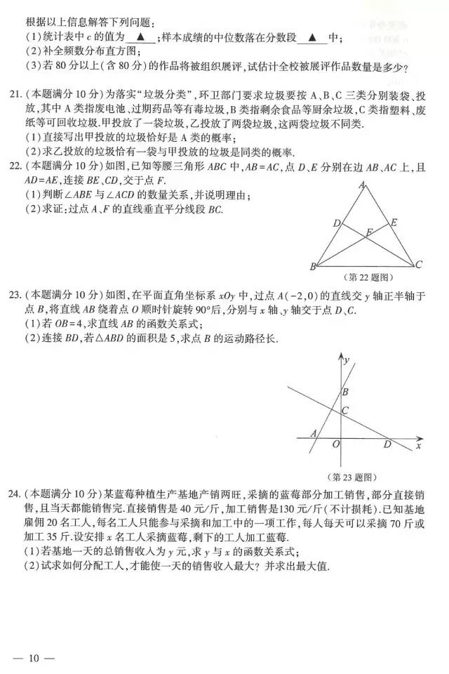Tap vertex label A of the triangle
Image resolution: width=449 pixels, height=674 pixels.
361,185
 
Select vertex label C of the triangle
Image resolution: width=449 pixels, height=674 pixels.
419,265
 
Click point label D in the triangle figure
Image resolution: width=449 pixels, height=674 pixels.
336,223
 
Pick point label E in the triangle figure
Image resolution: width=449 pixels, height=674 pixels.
394,223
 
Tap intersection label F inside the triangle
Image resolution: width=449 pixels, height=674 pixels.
370,232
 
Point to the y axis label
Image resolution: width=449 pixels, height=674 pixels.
347,359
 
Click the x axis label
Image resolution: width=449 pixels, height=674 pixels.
418,445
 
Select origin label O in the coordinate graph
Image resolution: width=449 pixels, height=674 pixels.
336,445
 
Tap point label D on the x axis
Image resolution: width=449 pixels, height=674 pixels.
387,444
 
